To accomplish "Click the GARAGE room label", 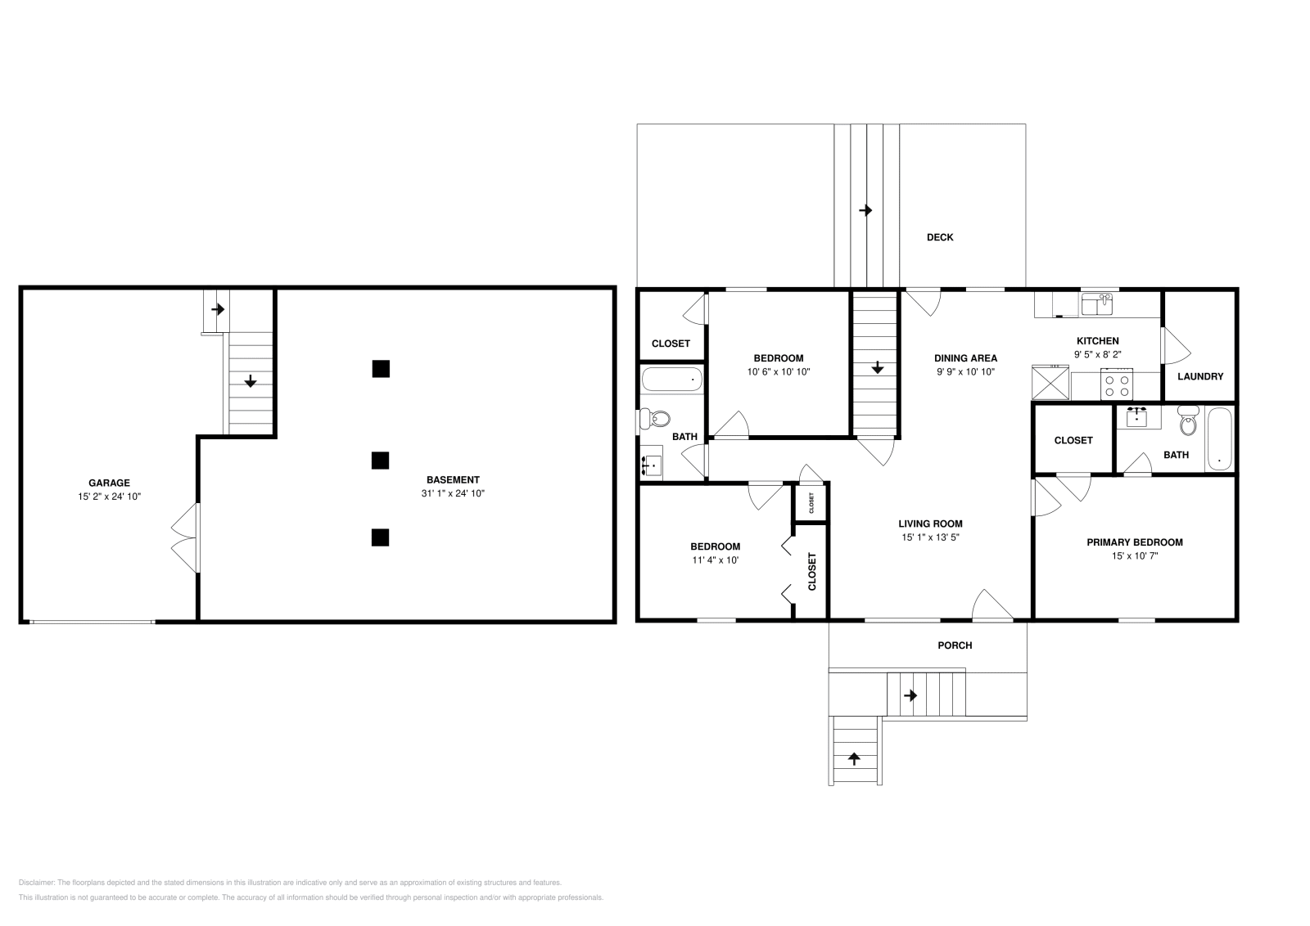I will pos(109,483).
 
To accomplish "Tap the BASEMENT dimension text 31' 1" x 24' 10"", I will pos(453,493).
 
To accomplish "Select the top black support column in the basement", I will pos(380,369).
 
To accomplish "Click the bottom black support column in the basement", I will pos(380,537).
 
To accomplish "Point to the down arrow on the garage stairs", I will pos(251,380).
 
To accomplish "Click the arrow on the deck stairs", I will pos(865,211).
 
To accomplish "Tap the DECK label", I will pos(940,237).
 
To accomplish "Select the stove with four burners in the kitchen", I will pos(1117,385).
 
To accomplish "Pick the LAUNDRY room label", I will pos(1199,376).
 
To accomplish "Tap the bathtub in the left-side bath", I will pos(671,380).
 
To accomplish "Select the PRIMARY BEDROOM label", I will pos(1134,542).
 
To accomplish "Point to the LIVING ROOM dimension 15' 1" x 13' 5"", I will pos(930,537).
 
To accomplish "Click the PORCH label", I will pos(955,645).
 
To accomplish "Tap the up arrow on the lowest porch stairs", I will pos(854,758).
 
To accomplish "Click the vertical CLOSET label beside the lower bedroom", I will pos(812,571).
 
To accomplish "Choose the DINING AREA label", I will pos(965,357).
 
